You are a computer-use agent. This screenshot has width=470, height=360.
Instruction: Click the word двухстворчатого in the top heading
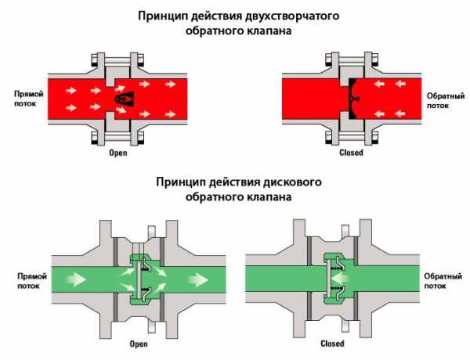269,15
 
